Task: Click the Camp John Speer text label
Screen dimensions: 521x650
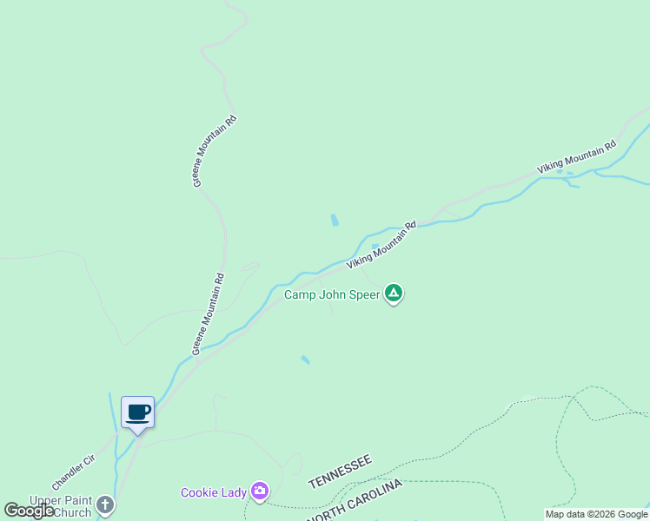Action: [332, 294]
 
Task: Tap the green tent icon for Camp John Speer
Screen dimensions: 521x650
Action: [394, 293]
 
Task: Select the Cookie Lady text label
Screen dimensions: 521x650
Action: [213, 492]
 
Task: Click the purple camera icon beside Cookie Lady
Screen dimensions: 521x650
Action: [259, 492]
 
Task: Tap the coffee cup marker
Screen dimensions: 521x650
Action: [137, 412]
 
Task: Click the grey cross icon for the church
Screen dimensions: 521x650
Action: [104, 505]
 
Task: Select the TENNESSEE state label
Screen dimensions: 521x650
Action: [340, 472]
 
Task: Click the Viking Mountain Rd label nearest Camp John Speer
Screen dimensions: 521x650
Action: [382, 244]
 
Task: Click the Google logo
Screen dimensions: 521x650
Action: [29, 511]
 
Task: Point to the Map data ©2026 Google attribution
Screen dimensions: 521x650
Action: [596, 514]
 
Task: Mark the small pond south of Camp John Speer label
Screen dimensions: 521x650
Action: [305, 359]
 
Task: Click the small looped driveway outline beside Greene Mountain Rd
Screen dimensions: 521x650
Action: [249, 266]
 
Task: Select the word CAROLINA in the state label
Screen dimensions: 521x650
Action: [374, 491]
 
